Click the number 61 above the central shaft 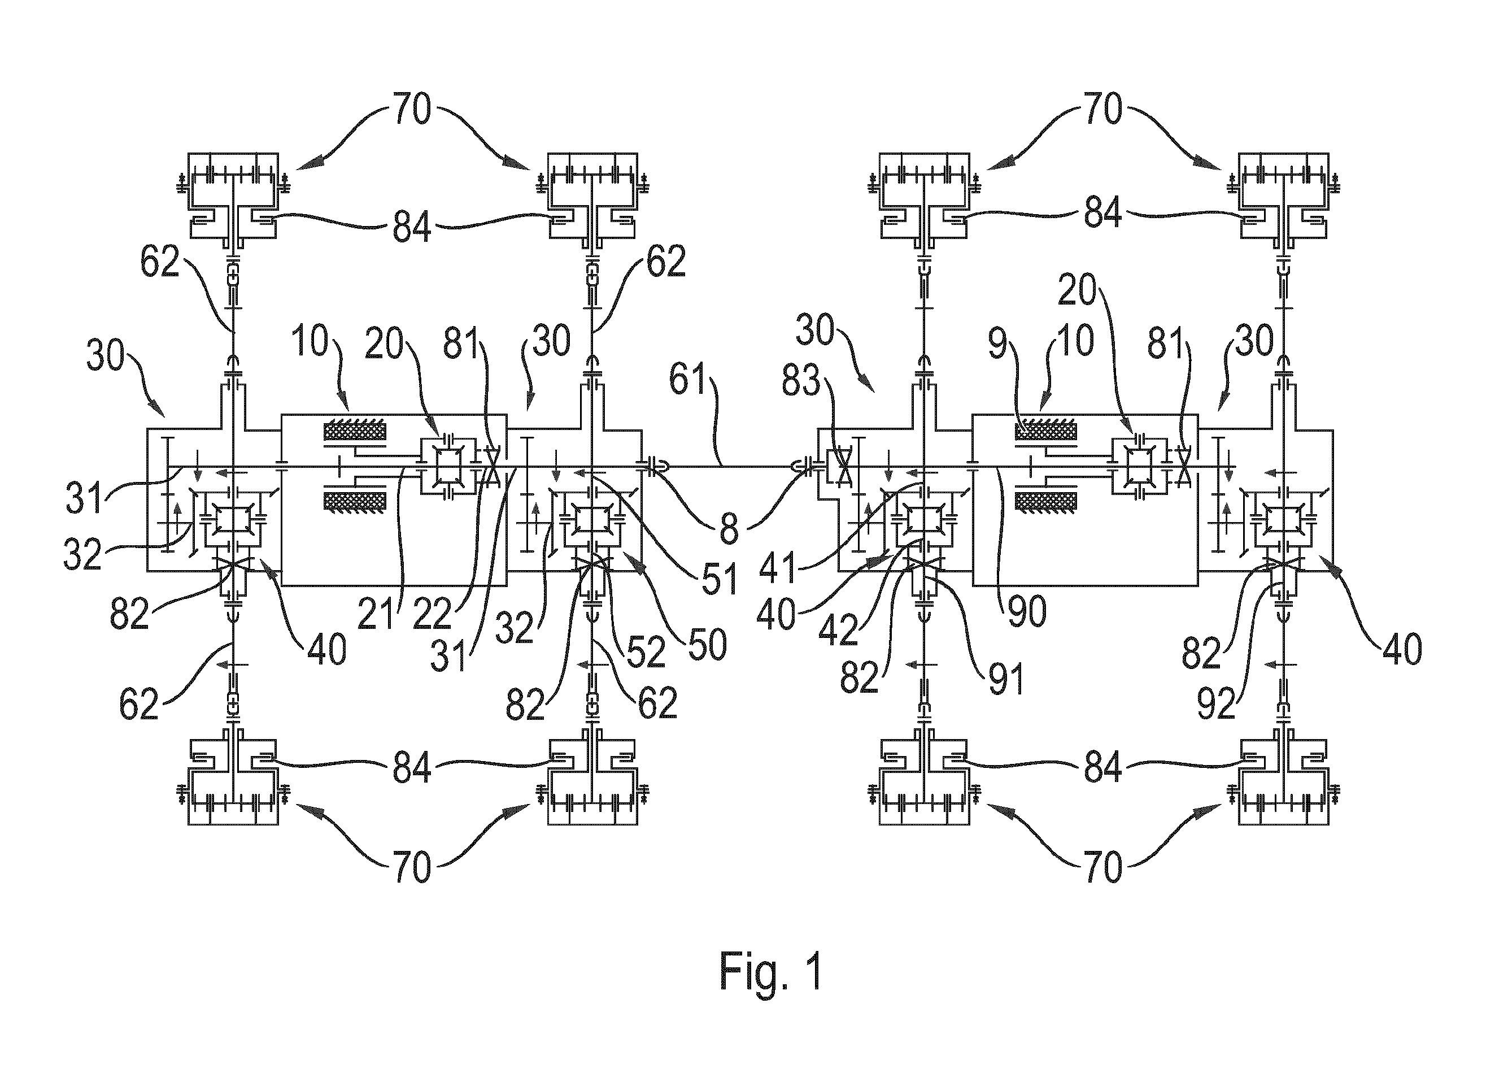click(689, 380)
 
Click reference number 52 click(646, 652)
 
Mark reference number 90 click(1027, 612)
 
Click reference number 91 click(1006, 679)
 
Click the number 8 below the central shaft click(729, 529)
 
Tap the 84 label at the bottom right click(1104, 767)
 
